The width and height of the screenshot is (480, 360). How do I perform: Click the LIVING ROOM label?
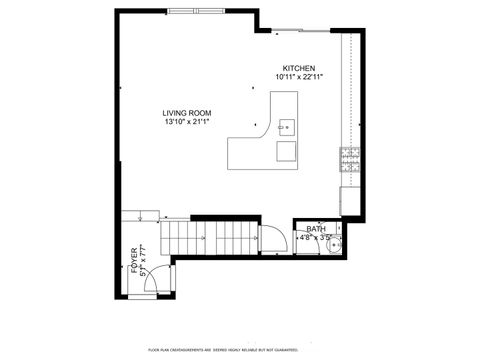187,113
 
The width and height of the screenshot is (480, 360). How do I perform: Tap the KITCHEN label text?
299,68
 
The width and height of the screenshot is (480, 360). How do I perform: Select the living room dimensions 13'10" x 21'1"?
187,122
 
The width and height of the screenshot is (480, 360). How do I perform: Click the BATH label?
316,229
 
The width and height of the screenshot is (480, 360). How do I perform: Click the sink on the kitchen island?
285,126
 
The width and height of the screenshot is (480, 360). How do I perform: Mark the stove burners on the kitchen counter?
350,154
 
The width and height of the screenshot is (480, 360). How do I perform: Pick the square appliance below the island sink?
286,151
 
